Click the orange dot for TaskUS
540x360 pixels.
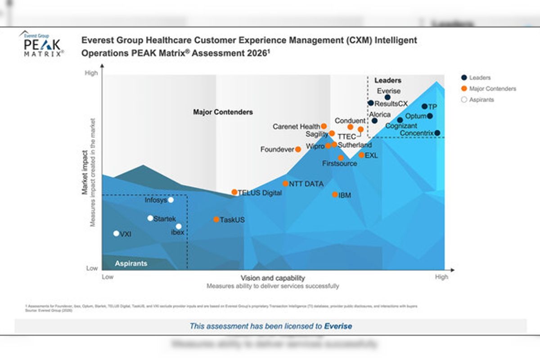[216, 220]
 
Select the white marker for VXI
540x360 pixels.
[116, 234]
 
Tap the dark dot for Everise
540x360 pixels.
[387, 97]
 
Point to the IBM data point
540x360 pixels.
[335, 195]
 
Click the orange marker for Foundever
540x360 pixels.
[298, 149]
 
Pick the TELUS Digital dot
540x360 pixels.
[234, 192]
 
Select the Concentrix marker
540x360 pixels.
[437, 133]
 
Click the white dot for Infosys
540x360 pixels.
[171, 200]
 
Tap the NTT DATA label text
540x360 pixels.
[306, 184]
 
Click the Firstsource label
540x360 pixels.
[340, 163]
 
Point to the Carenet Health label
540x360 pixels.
[296, 127]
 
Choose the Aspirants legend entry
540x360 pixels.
[481, 100]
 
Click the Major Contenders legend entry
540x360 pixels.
[492, 89]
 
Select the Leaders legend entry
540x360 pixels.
[480, 78]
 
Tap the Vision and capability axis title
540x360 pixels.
[273, 278]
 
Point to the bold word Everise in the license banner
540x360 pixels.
[338, 326]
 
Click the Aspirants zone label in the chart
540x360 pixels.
[131, 263]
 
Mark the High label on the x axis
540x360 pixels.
[441, 277]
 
